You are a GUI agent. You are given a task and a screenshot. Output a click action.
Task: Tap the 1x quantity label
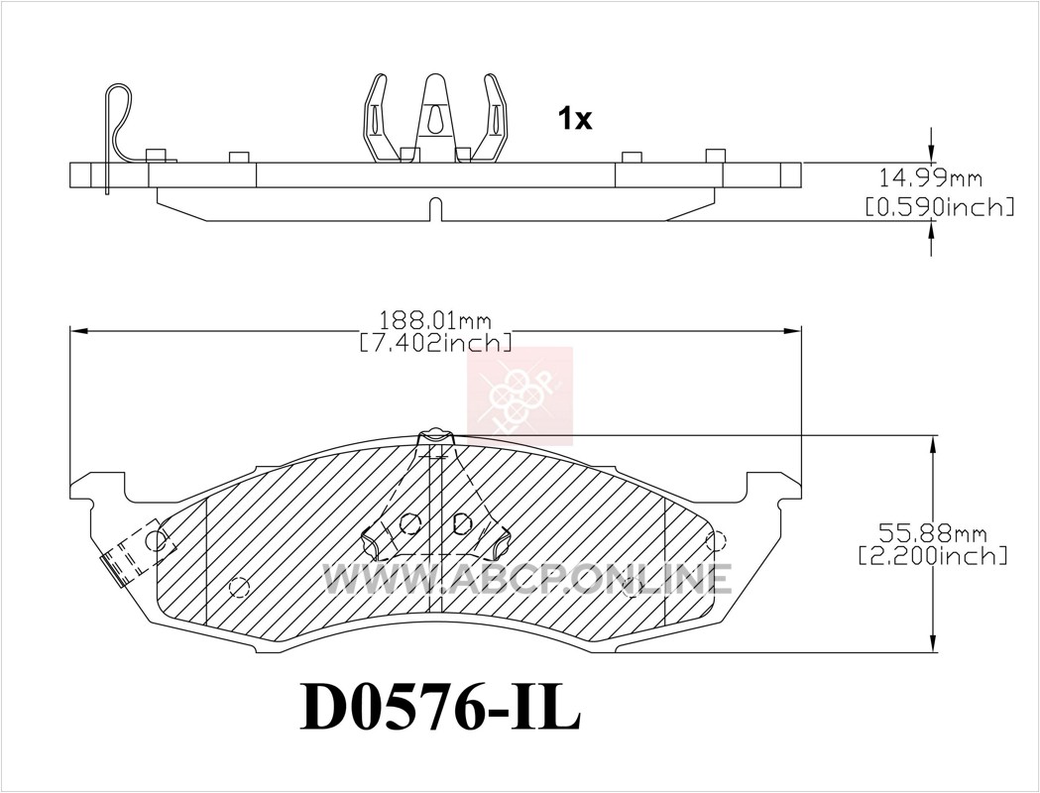574,119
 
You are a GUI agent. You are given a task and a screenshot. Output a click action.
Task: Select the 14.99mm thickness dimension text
930,177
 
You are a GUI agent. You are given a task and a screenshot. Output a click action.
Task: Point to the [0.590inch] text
940,207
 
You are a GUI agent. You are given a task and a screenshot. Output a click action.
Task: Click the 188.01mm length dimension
435,321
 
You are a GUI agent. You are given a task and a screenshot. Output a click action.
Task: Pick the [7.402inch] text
435,343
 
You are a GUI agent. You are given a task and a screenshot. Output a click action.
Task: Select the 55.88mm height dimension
933,533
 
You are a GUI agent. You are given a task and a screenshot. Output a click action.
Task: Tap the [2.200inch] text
933,555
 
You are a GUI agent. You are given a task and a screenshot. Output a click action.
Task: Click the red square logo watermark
520,396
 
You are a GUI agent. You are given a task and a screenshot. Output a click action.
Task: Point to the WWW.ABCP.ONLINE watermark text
527,578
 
